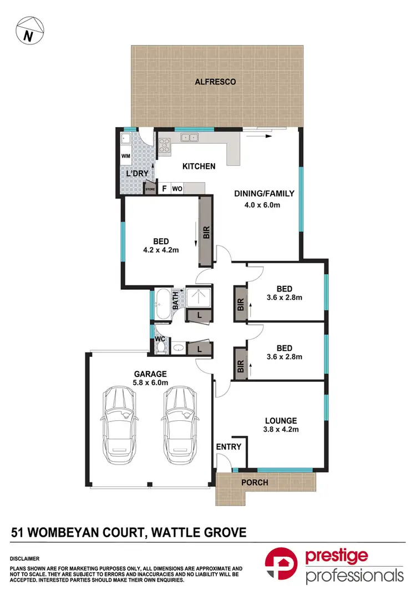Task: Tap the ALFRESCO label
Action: (x=215, y=82)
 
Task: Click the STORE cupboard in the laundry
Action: (x=150, y=189)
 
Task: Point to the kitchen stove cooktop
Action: (x=165, y=145)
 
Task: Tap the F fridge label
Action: (x=164, y=189)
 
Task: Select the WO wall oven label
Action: (x=177, y=189)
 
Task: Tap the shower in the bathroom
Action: (x=197, y=297)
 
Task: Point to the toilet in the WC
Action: (x=161, y=348)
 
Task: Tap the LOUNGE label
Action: (x=281, y=421)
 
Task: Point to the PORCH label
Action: (x=255, y=482)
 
